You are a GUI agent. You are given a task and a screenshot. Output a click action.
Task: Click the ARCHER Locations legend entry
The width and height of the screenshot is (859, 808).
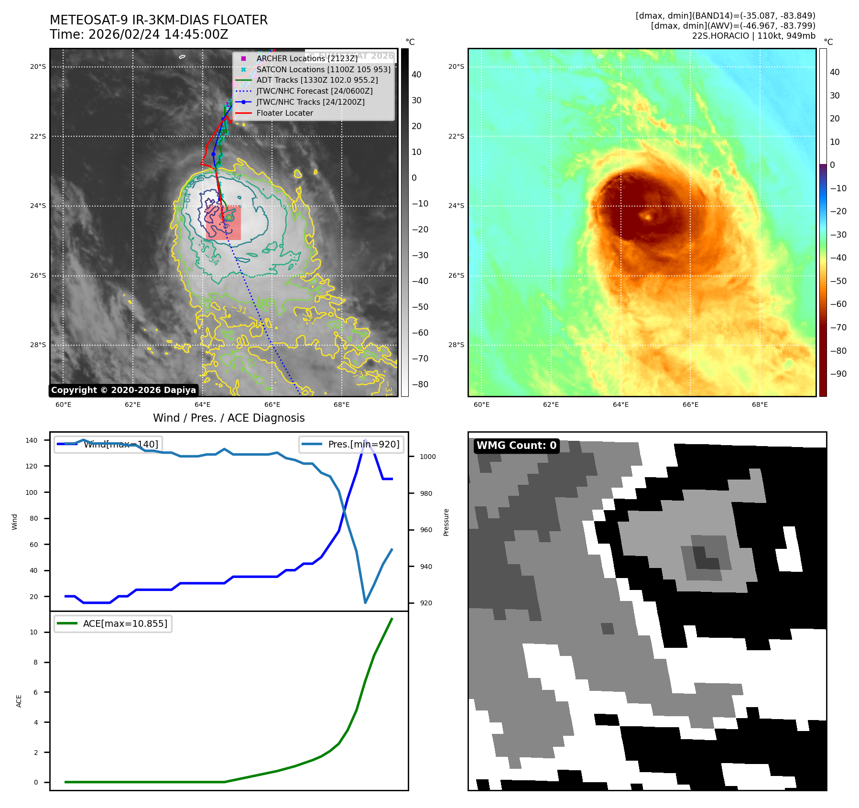(306, 58)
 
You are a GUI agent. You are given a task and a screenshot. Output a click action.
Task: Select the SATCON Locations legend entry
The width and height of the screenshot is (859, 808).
(323, 69)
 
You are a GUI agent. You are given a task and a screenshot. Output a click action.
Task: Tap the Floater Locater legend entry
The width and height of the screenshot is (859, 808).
(284, 113)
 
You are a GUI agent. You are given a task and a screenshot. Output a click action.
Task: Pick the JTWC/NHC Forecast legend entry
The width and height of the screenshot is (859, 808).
(314, 91)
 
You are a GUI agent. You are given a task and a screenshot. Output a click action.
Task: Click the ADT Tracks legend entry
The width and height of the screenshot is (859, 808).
(317, 80)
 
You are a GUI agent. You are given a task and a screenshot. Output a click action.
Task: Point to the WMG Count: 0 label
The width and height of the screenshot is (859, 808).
(516, 446)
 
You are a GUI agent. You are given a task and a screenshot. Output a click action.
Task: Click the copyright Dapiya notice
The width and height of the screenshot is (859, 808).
(123, 390)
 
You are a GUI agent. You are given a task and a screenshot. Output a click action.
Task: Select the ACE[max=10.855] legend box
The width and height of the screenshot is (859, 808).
(113, 623)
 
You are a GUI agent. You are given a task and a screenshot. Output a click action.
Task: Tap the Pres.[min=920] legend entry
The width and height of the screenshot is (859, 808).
(352, 444)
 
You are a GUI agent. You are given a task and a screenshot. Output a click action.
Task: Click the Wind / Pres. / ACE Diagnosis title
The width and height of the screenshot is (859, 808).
(228, 418)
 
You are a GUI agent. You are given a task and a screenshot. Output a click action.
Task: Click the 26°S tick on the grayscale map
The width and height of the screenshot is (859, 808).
(38, 275)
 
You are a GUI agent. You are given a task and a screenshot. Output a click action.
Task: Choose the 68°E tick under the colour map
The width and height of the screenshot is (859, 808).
(760, 404)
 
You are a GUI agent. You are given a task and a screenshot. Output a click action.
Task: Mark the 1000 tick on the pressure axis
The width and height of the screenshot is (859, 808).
(427, 457)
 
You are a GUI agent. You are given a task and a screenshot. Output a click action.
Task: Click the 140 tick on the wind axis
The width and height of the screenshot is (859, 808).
(32, 440)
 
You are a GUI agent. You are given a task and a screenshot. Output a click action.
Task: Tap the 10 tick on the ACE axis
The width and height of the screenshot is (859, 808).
(33, 632)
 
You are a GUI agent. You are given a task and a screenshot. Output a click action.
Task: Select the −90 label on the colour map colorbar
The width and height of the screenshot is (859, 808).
(838, 374)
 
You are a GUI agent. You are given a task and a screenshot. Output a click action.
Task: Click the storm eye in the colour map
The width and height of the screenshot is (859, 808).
(648, 217)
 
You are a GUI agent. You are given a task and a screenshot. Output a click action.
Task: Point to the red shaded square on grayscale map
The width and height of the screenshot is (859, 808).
(223, 223)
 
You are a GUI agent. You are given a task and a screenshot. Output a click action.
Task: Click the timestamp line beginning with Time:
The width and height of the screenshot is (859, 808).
(139, 34)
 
